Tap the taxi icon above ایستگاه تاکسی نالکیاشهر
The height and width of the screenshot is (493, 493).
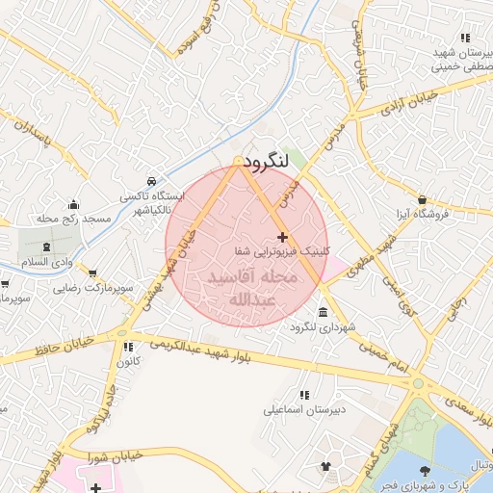[x=151, y=181]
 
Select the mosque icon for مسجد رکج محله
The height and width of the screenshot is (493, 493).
[x=74, y=204]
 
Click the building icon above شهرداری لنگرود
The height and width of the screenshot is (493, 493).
[x=321, y=314]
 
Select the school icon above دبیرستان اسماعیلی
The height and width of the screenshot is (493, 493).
[x=304, y=395]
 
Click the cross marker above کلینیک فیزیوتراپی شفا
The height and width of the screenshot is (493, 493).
[x=281, y=237]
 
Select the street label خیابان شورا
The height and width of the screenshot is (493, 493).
[x=117, y=454]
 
